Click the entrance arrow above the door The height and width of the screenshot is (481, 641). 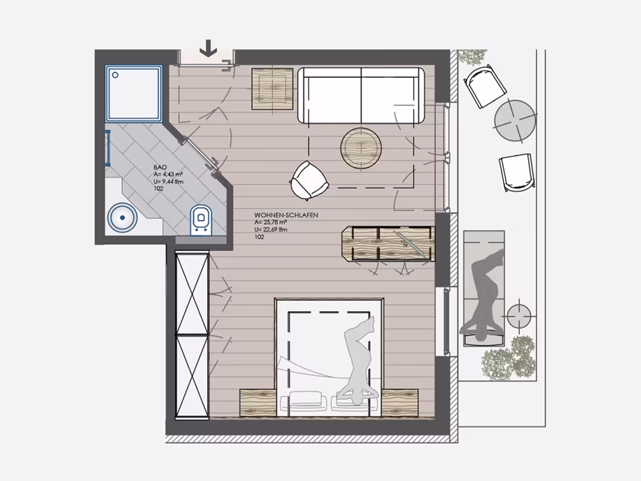click(208, 48)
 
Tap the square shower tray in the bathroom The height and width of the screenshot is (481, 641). click(134, 94)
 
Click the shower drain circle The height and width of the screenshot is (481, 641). click(115, 75)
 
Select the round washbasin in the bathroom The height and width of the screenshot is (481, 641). click(122, 217)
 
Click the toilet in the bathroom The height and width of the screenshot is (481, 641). click(201, 220)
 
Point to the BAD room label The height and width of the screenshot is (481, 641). click(160, 167)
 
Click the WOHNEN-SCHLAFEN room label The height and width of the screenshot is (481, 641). click(286, 215)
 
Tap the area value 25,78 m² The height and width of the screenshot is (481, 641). click(271, 222)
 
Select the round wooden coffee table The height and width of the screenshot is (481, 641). click(361, 148)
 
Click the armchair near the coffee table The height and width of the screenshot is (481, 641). click(309, 181)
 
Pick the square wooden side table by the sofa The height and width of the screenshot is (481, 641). click(272, 88)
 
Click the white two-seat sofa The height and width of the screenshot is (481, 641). click(361, 96)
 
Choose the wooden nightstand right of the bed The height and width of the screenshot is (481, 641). click(400, 403)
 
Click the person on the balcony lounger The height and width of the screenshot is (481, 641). click(485, 295)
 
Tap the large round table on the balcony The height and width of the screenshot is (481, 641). click(515, 121)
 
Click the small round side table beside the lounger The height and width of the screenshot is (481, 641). click(519, 316)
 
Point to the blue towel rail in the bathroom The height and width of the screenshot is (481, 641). click(108, 148)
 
